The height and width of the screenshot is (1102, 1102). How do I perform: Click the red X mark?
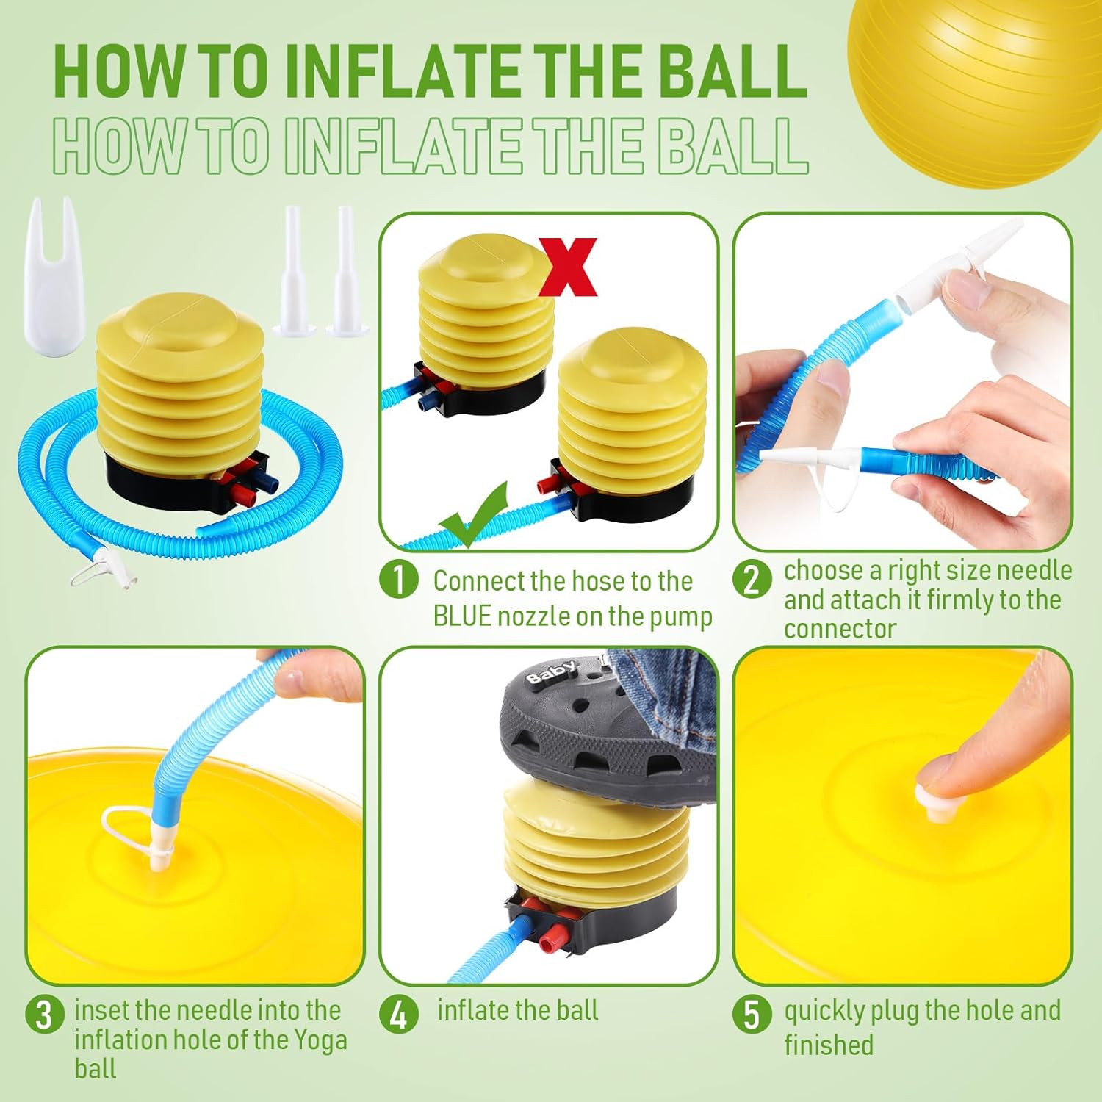569,267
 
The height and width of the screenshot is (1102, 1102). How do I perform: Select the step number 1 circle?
399,580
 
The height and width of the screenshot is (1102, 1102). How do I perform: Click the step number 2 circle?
752,580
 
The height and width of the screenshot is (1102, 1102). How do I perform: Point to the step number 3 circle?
45,1015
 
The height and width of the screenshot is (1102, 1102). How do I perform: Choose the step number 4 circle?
399,1015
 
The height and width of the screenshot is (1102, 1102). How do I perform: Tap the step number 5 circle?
752,1015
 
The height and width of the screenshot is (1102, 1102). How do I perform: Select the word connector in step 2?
840,629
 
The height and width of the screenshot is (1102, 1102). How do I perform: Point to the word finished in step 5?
829,1044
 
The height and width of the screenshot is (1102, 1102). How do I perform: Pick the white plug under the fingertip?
933,804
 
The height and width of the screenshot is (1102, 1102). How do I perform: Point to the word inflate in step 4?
478,1010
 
